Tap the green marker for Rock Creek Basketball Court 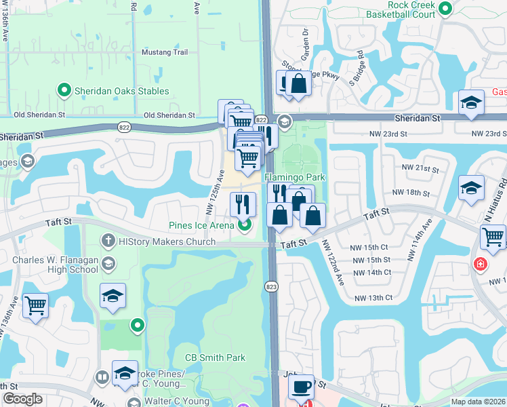445,9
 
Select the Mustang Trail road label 164,52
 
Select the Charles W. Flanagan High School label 56,265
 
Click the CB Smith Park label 215,357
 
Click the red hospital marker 481,263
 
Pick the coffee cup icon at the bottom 301,388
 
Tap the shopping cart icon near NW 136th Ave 35,305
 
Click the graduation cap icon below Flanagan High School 113,296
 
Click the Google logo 22,399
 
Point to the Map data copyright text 478,402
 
